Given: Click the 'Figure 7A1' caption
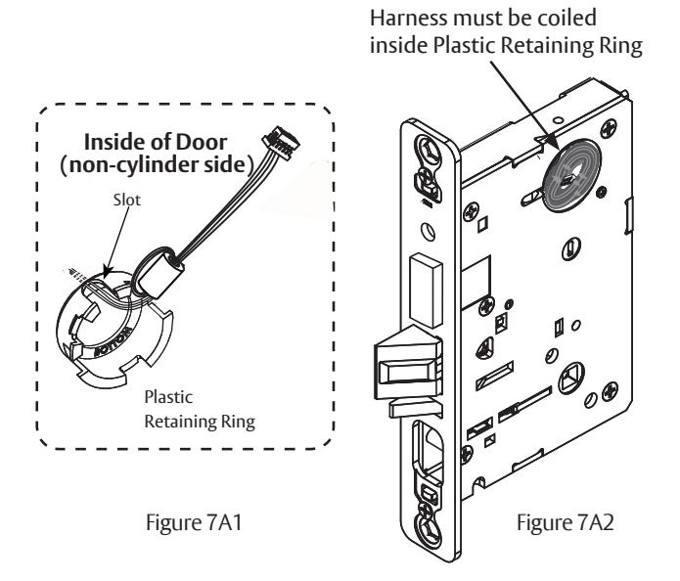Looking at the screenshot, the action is [x=194, y=522].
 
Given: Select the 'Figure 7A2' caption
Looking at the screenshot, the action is [x=566, y=522].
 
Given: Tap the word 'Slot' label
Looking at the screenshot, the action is [x=126, y=200].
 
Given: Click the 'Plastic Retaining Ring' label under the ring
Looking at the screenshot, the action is [x=200, y=409].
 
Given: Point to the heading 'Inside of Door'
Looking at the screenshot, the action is [x=156, y=142].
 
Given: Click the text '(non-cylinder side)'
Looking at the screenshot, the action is [x=158, y=165].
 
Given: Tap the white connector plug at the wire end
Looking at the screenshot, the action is [x=281, y=142].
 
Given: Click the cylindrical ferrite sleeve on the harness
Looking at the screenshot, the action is [x=158, y=272].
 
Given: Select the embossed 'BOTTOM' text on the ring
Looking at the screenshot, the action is [x=113, y=341].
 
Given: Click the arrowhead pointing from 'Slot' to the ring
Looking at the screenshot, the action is [x=107, y=272].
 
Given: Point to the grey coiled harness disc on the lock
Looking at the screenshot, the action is [x=571, y=175].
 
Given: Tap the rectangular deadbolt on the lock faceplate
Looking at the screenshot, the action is [x=427, y=290].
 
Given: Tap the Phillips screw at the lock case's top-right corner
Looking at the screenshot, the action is [x=609, y=129].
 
